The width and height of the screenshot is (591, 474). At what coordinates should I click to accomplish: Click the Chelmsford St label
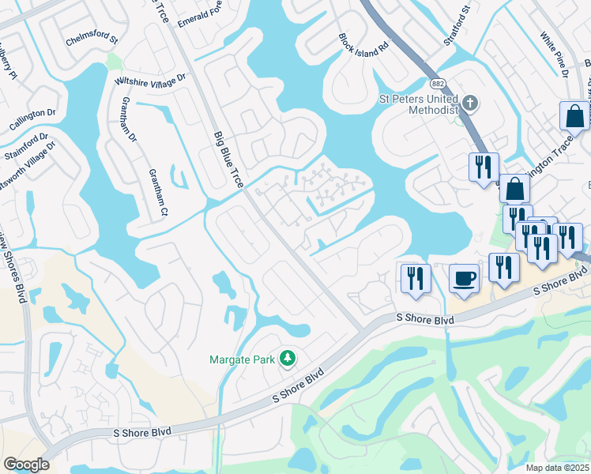tap(91, 38)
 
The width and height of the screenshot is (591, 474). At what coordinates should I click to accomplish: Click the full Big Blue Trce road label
tap(228, 160)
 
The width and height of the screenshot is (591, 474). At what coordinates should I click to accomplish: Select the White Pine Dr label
tap(555, 55)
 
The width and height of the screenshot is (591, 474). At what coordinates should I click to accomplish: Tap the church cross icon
tap(470, 102)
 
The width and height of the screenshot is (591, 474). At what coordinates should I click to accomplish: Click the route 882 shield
tap(436, 83)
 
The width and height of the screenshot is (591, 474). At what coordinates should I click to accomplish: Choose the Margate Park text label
tap(242, 359)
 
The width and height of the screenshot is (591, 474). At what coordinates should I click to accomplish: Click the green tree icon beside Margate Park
tap(288, 359)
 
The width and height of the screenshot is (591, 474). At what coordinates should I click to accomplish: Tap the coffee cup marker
tap(464, 278)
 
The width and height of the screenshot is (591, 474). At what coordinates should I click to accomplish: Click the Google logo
tap(26, 465)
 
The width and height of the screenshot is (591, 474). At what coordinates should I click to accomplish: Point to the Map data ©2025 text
tap(558, 468)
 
